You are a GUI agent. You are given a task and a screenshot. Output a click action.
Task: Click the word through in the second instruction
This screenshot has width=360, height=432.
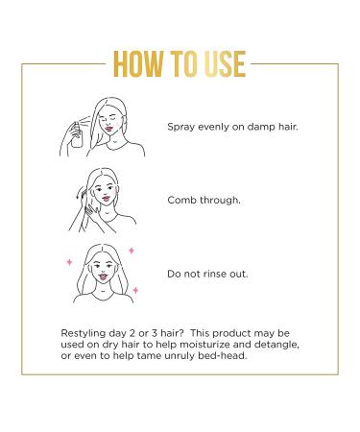pyautogui.click(x=221, y=203)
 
